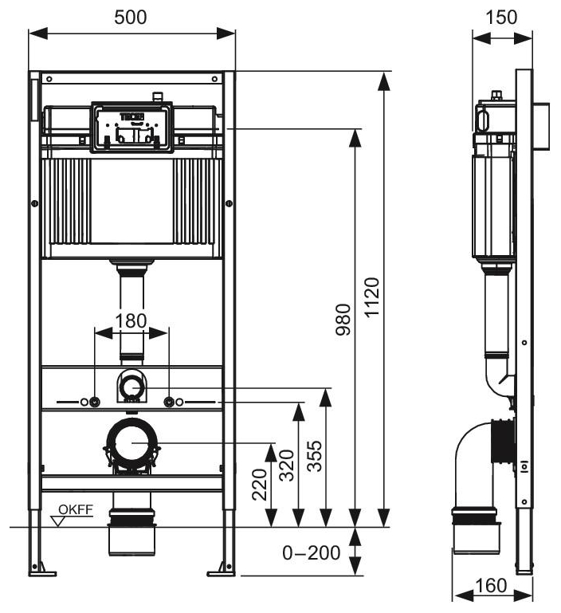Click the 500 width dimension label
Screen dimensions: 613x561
(x=131, y=18)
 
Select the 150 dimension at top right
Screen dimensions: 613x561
(x=501, y=18)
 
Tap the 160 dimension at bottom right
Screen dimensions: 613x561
(x=491, y=586)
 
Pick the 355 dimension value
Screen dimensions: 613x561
(x=314, y=455)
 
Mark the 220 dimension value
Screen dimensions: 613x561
(x=260, y=484)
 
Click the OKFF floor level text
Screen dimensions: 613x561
(x=78, y=508)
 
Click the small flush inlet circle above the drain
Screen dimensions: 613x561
(x=132, y=387)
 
